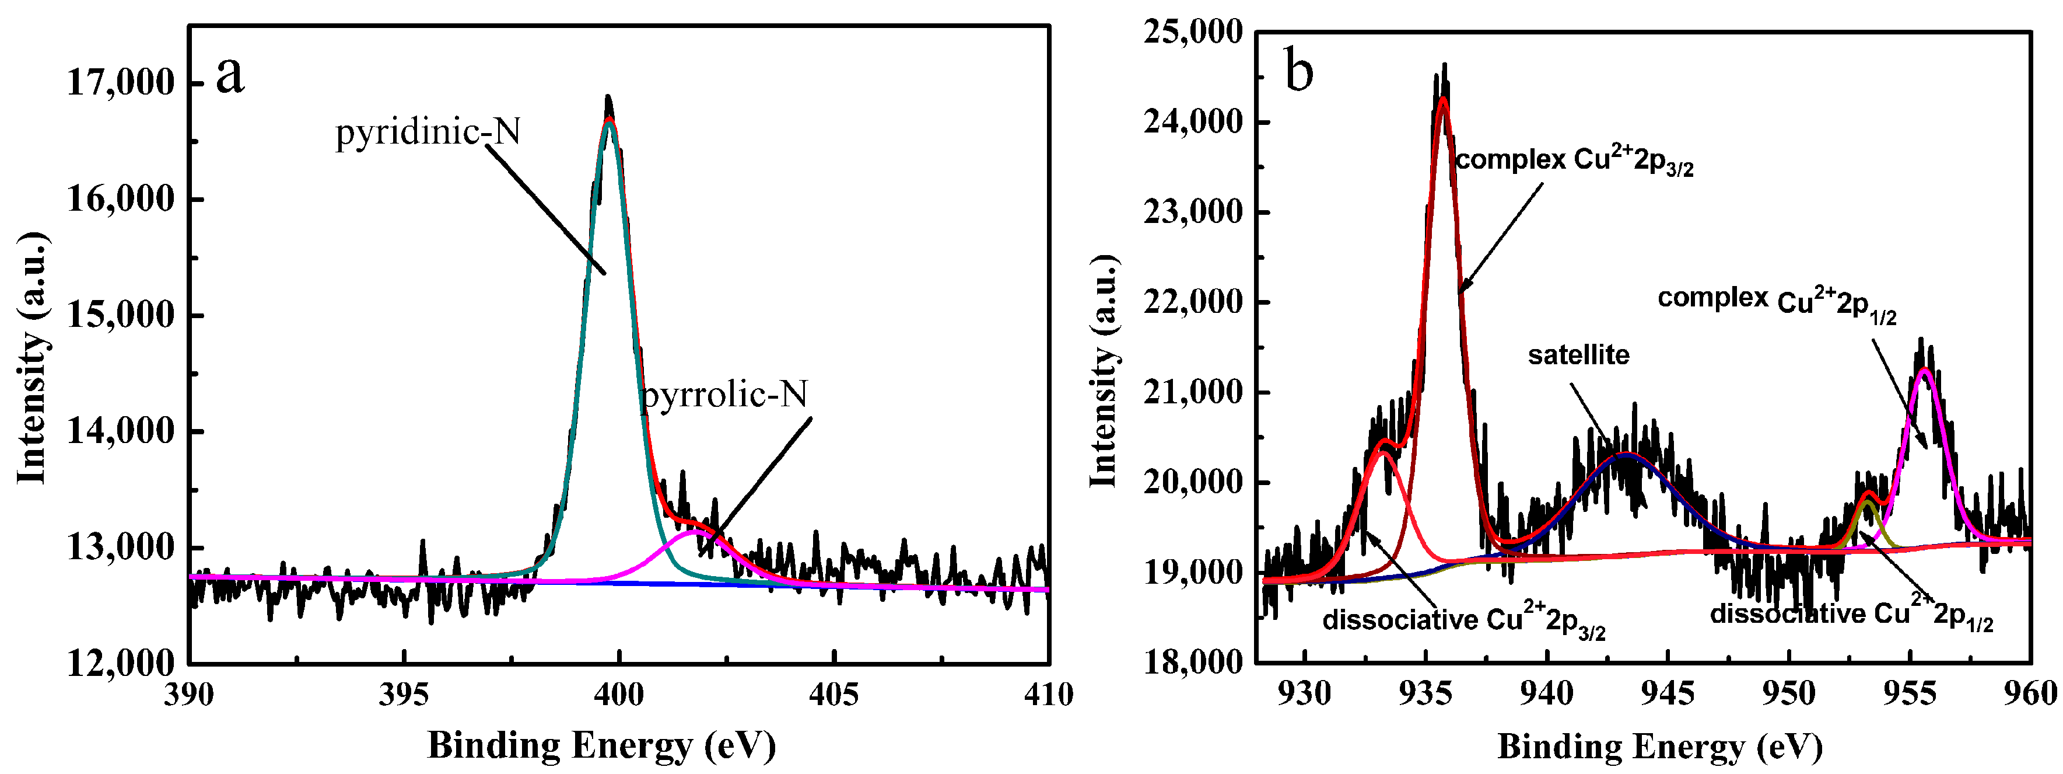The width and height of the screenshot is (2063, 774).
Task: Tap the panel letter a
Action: coord(230,75)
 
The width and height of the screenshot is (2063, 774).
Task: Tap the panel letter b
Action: coord(1298,71)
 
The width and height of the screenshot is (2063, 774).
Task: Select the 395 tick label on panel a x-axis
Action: coord(404,694)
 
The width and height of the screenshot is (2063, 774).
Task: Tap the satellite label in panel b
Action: coord(1578,355)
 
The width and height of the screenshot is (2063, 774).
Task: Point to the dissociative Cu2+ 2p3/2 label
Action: coord(1464,621)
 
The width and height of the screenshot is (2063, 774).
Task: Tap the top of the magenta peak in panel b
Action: coord(1924,369)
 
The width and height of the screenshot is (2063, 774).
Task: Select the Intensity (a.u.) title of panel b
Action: coord(1104,371)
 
